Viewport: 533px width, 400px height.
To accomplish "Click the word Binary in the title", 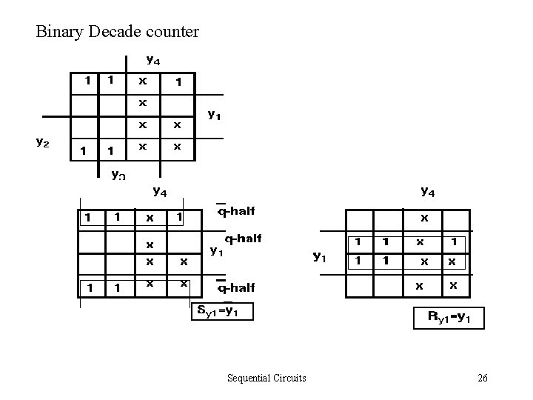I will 58,32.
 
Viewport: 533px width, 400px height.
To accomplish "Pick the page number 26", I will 483,379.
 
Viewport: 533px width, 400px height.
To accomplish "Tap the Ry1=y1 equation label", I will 455,318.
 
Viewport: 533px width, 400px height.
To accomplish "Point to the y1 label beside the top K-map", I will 214,114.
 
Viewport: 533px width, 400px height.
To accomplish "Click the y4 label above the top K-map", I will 153,59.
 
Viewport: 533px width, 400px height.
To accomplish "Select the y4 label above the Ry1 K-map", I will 427,192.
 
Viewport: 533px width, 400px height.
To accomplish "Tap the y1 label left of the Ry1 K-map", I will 319,257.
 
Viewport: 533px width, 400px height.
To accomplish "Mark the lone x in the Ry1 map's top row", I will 423,219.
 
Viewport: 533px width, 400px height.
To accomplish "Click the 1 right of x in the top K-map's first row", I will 177,82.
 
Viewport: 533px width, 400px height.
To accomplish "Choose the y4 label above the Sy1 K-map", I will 159,191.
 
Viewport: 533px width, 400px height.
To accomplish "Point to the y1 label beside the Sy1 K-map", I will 215,251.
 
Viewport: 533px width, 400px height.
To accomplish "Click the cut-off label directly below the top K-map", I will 117,175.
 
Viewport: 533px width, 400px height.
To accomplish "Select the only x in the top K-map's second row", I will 143,101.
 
